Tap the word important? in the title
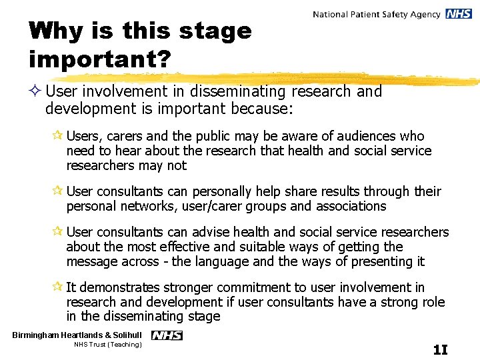pyautogui.click(x=100, y=59)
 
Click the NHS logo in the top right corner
pyautogui.click(x=459, y=14)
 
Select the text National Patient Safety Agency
pyautogui.click(x=376, y=14)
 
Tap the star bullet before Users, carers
pyautogui.click(x=59, y=137)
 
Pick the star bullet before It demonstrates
pyautogui.click(x=59, y=288)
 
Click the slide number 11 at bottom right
pyautogui.click(x=440, y=349)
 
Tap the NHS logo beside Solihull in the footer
pyautogui.click(x=167, y=335)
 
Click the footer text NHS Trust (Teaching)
pyautogui.click(x=108, y=345)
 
